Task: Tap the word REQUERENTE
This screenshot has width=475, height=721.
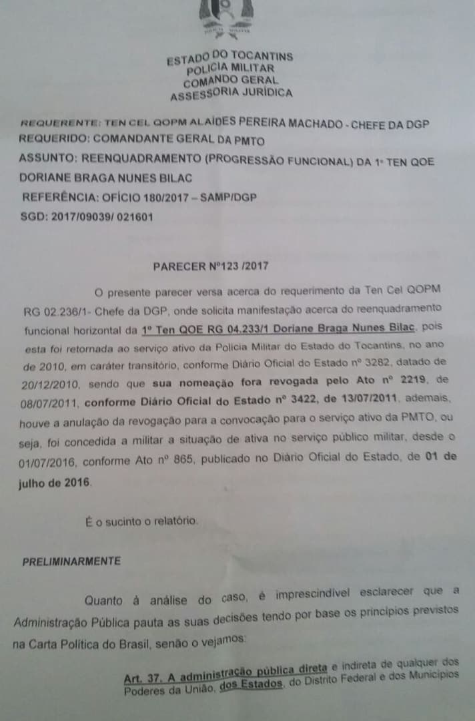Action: coord(61,124)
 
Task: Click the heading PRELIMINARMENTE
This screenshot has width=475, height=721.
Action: coord(72,561)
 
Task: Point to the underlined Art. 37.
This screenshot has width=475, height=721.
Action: coord(140,678)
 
